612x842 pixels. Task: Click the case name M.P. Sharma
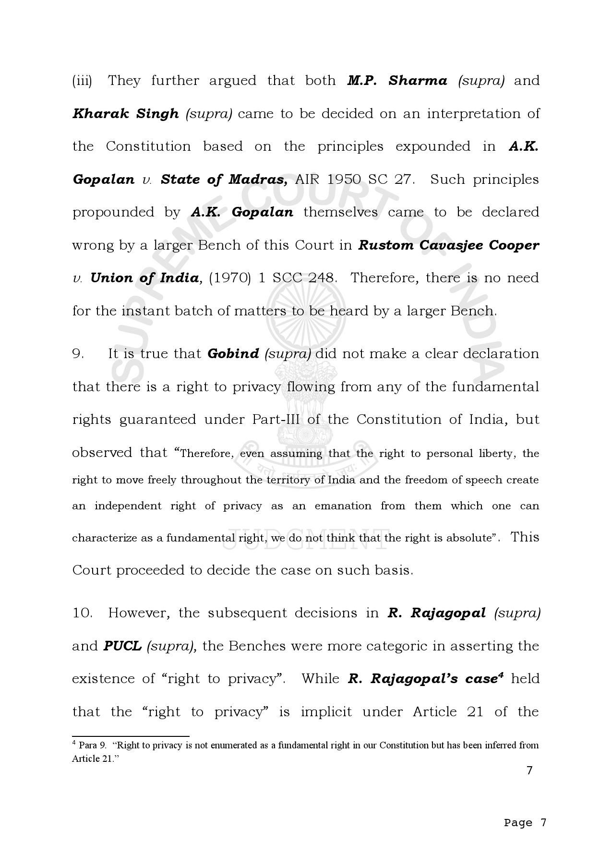397,81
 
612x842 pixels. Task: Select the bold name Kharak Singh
125,114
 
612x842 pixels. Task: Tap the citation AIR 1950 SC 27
354,180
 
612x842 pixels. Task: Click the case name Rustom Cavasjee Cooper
449,245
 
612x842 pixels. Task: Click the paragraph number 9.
78,354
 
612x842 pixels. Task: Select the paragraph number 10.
82,613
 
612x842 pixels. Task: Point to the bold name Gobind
233,354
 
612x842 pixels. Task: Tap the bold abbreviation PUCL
122,646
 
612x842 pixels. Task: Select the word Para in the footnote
88,746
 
